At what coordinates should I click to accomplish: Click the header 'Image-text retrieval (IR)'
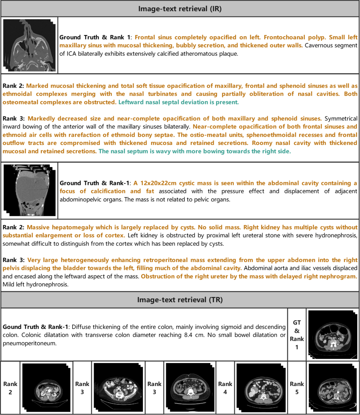click(180, 9)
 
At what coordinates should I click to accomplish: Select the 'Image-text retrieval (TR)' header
click(180, 300)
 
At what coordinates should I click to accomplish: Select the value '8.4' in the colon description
click(188, 335)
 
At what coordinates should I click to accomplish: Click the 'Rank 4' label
click(225, 388)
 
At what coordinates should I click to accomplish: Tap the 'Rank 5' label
click(297, 388)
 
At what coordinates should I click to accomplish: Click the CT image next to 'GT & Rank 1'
click(333, 334)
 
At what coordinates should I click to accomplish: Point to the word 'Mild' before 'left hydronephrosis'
click(9, 285)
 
